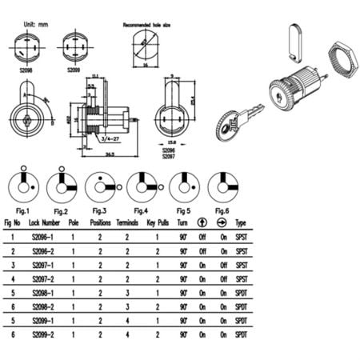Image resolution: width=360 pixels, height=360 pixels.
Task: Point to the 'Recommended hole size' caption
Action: pyautogui.click(x=149, y=25)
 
